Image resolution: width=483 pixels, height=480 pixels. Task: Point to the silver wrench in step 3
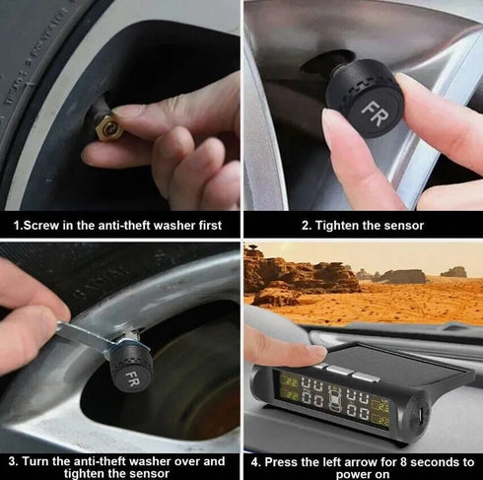[x=84, y=337]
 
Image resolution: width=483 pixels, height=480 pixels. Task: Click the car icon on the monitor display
[x=335, y=399]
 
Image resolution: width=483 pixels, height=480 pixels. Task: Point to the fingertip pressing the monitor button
[x=312, y=352]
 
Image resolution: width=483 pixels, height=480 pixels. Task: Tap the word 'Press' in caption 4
[x=285, y=460]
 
